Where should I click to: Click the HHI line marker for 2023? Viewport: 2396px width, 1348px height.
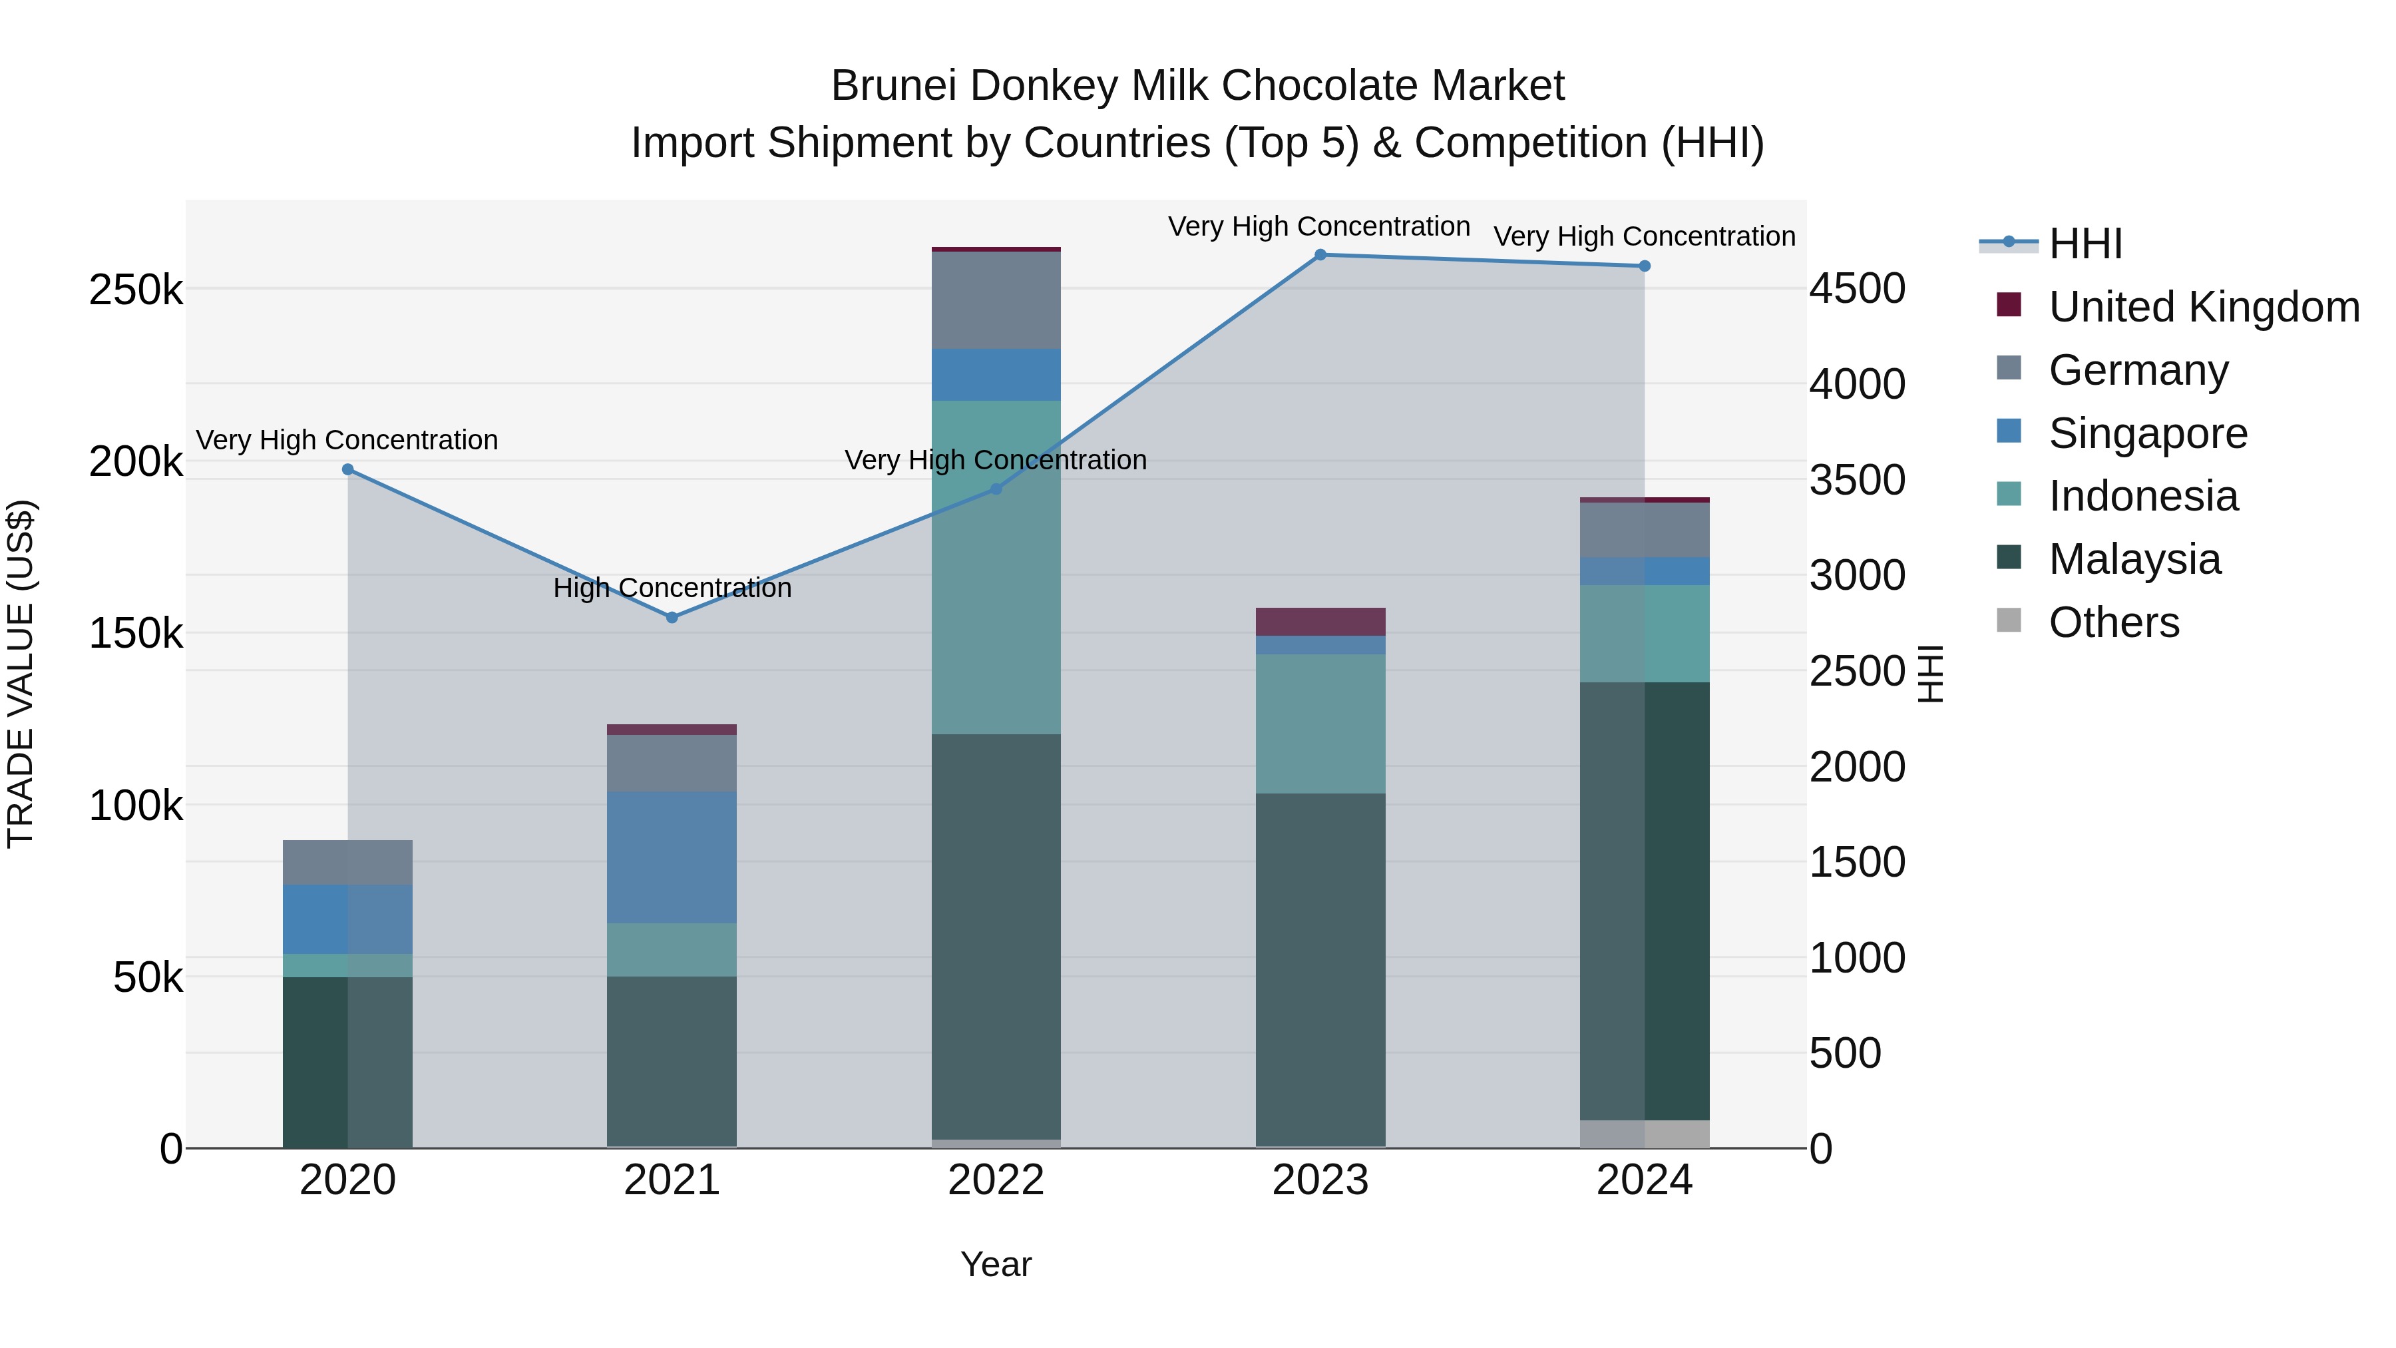tap(1320, 255)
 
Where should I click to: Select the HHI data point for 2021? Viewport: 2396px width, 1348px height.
tap(672, 618)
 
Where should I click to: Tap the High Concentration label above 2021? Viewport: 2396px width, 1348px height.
tap(672, 588)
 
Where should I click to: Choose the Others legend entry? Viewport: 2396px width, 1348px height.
tap(2113, 622)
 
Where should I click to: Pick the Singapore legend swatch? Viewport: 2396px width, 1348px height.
tap(2009, 431)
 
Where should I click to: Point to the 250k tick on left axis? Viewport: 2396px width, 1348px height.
tap(135, 290)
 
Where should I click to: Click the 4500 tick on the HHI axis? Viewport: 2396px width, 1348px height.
tap(1856, 288)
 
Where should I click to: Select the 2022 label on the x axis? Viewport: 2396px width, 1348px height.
tap(995, 1180)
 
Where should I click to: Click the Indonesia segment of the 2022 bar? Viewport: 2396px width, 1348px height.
tap(995, 567)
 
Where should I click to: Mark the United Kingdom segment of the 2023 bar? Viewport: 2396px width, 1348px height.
tap(1320, 622)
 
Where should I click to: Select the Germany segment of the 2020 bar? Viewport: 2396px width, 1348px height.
tap(347, 862)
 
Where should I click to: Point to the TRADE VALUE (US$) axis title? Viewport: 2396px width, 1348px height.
tap(21, 674)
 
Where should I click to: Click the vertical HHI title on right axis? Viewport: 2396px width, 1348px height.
tap(1931, 674)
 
